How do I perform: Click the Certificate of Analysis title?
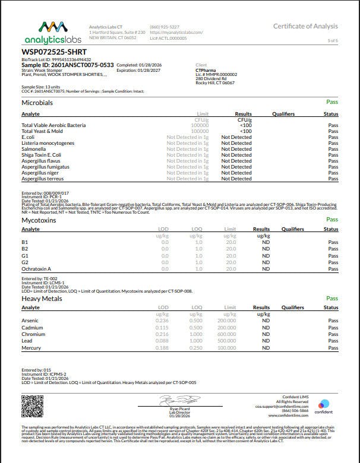pyautogui.click(x=305, y=26)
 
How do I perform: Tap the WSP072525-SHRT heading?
pyautogui.click(x=49, y=52)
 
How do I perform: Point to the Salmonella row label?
pyautogui.click(x=34, y=149)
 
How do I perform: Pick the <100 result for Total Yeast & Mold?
pyautogui.click(x=245, y=131)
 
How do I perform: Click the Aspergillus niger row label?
pyautogui.click(x=40, y=173)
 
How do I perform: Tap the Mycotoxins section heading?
pyautogui.click(x=39, y=220)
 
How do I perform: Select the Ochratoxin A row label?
pyautogui.click(x=36, y=269)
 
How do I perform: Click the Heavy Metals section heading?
pyautogui.click(x=42, y=299)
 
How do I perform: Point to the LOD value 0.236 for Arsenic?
pyautogui.click(x=162, y=321)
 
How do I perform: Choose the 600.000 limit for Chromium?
pyautogui.click(x=226, y=334)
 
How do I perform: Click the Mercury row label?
pyautogui.click(x=31, y=348)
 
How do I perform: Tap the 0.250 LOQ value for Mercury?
pyautogui.click(x=195, y=348)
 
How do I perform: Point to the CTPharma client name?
pyautogui.click(x=206, y=69)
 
